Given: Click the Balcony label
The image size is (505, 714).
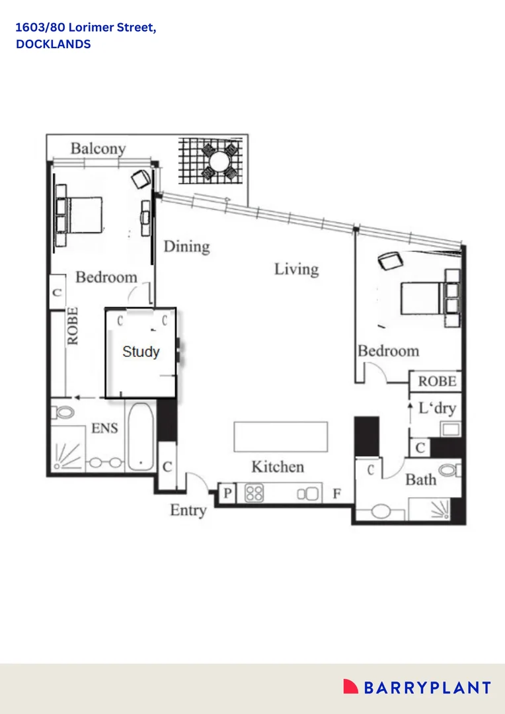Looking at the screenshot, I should (98, 148).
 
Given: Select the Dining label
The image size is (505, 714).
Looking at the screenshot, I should (186, 247).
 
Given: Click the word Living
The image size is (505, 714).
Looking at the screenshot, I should (297, 269).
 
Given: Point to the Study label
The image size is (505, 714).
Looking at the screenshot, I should (141, 351).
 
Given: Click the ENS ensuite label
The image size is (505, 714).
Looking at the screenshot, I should (104, 428).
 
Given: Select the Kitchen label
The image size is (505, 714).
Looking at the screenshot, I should (278, 467).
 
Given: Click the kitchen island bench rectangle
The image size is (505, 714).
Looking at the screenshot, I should (280, 436).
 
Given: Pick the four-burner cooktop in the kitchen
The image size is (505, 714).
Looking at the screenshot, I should (254, 493).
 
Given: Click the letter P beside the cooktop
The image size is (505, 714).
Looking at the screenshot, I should (227, 493).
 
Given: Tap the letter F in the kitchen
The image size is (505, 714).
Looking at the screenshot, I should (337, 493).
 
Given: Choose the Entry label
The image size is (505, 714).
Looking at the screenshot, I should (188, 510).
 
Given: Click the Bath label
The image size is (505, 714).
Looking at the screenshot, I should (420, 479).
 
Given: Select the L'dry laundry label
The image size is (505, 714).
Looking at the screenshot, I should (437, 408).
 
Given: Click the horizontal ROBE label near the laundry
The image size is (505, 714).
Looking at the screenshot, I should (437, 381).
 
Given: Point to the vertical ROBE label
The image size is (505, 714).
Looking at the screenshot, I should (72, 325).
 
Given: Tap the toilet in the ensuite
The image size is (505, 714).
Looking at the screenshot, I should (64, 413).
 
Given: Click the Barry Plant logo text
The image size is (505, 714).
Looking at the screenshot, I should (426, 688).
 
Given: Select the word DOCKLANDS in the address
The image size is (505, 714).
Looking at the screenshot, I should (53, 44).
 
